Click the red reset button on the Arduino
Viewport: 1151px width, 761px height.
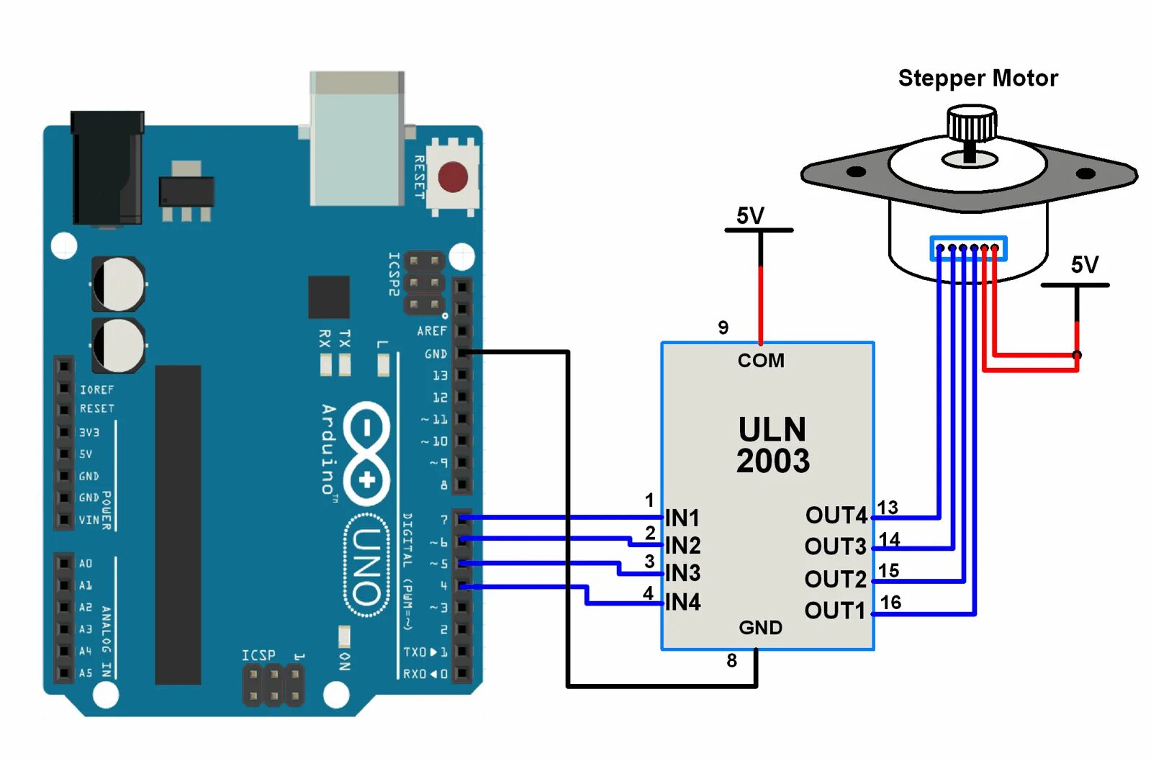click(453, 177)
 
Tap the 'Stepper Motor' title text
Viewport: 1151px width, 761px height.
click(978, 78)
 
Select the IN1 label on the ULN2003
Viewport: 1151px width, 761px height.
click(682, 518)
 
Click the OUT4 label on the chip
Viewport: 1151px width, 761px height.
click(836, 515)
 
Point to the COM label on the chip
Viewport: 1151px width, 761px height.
click(761, 361)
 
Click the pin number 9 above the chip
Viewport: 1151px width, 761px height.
click(723, 328)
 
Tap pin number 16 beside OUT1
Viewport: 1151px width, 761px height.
click(890, 602)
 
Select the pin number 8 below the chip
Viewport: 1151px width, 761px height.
click(732, 660)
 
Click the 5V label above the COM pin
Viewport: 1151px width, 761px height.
click(750, 216)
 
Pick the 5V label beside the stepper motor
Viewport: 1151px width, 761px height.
click(1084, 265)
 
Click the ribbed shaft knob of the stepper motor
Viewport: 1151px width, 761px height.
click(972, 123)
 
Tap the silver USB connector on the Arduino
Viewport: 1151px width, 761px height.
click(357, 138)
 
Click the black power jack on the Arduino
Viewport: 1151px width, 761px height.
click(107, 168)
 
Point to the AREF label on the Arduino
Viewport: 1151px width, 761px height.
click(432, 331)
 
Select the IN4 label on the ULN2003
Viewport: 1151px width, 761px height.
click(682, 602)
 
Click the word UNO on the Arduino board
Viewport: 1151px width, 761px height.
click(366, 565)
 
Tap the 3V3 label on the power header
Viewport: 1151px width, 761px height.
click(89, 433)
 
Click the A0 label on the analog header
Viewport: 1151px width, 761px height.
click(85, 564)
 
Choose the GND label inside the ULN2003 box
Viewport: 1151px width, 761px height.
click(760, 628)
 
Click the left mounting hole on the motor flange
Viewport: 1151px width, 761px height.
click(856, 171)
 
